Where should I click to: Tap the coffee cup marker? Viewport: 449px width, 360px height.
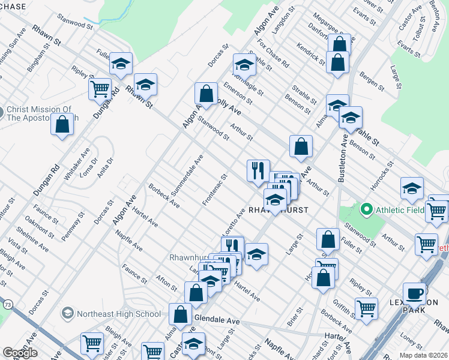pos(414,293)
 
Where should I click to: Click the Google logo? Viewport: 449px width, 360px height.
pos(20,353)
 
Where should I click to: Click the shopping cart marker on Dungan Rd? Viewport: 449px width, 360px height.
pos(100,89)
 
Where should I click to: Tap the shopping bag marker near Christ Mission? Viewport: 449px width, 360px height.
pos(62,125)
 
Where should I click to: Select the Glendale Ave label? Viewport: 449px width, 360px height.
pos(217,322)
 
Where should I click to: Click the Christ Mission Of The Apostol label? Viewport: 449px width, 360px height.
pos(39,113)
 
